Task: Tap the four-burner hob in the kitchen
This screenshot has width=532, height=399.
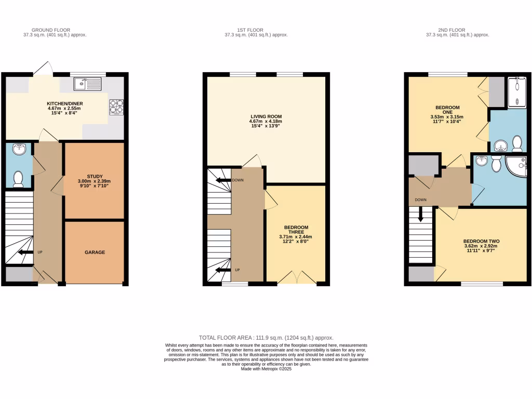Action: (x=116, y=106)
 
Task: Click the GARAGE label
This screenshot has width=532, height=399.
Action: (x=95, y=252)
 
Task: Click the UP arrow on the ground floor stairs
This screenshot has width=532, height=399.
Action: (x=23, y=253)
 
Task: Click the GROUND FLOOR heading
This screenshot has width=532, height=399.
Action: (x=51, y=30)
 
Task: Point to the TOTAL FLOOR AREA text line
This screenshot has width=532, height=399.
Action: (x=265, y=337)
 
